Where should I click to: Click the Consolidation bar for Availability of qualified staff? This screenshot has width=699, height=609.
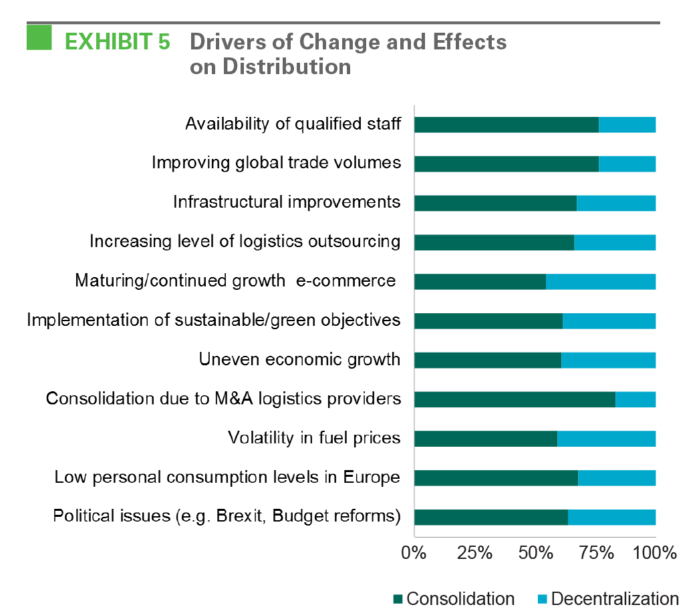pos(507,125)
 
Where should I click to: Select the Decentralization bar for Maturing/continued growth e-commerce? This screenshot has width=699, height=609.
pos(601,282)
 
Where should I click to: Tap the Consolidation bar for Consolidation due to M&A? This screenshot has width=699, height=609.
pos(515,399)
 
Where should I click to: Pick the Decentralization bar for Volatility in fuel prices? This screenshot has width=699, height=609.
pos(606,439)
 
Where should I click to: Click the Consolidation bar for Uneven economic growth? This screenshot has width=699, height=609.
pos(488,361)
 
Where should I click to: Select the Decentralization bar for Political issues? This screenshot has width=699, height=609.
pos(611,518)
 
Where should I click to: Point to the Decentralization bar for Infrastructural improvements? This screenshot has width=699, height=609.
pos(616,203)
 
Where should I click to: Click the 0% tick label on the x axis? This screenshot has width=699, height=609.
pos(413,553)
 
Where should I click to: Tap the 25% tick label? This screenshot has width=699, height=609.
pos(474,553)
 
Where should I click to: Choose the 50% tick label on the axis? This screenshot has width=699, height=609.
pos(535,553)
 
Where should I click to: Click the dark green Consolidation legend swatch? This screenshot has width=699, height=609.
pos(398,598)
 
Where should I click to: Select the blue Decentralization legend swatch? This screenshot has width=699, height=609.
pos(543,598)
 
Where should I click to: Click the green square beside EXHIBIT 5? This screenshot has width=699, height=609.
pos(39,37)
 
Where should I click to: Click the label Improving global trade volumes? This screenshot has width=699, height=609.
pos(276,163)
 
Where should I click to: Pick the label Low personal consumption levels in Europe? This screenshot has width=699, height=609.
pos(227,477)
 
